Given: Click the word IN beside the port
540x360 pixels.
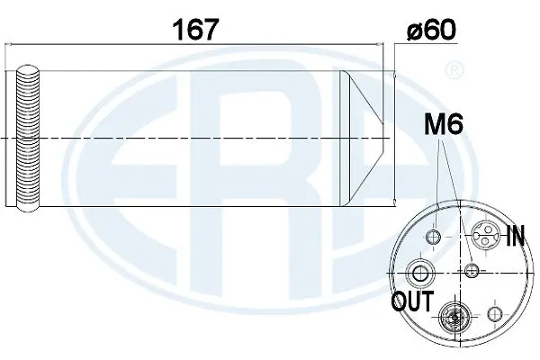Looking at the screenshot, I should (515, 238).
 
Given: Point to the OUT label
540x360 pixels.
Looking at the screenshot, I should (412, 300).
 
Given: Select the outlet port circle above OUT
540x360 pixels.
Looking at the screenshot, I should (420, 272).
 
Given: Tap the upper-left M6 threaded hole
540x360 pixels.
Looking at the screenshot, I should (434, 237).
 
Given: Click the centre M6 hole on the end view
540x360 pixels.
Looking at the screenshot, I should (471, 270).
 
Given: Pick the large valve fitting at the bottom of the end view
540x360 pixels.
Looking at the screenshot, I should (452, 317).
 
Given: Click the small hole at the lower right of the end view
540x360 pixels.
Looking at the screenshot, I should (492, 313).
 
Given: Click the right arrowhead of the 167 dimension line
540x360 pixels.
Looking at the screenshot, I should (390, 43).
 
